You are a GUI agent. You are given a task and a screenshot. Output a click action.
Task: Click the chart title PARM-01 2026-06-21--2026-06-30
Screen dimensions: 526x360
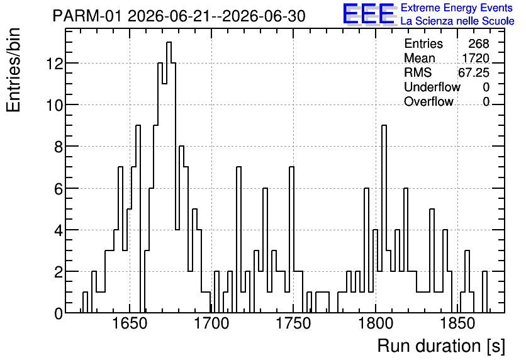pos(179,16)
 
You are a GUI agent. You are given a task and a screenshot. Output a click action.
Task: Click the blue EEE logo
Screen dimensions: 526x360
pos(369,14)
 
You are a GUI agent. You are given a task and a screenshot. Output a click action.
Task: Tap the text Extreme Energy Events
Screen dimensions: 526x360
pos(457,8)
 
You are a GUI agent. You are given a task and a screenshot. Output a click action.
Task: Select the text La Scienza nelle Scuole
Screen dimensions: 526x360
pos(457,21)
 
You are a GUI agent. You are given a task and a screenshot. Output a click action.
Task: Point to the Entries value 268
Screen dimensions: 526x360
pos(479,43)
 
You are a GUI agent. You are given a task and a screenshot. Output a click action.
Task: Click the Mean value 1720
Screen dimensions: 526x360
pos(476,58)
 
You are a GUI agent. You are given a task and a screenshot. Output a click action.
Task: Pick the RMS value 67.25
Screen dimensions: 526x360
pos(474,72)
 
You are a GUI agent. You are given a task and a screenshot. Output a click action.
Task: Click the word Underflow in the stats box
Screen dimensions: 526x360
pos(432,87)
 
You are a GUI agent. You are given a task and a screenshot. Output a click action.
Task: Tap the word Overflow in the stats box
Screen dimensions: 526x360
pos(428,101)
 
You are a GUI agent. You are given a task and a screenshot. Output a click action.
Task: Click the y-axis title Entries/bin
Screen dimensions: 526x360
pos(14,70)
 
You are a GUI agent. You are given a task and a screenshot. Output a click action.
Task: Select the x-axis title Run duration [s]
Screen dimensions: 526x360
pos(441,346)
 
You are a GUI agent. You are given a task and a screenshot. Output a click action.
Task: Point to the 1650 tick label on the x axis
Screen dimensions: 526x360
pos(130,323)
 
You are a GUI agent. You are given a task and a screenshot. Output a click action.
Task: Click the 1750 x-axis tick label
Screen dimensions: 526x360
pos(294,323)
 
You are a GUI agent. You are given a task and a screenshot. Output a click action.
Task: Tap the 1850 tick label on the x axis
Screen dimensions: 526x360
pos(457,323)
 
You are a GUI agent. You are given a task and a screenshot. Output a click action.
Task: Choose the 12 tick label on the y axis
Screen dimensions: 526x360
pos(54,64)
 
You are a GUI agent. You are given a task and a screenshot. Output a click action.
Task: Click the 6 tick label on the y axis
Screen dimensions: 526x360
pos(59,189)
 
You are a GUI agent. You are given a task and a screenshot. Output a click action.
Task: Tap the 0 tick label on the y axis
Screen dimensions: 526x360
pos(59,313)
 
